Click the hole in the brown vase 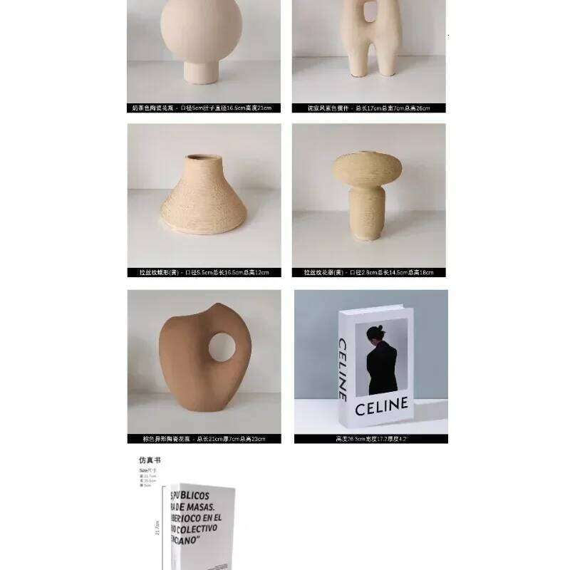222,346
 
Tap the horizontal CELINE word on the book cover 381,408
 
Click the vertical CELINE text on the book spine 343,369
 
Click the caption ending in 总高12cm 204,272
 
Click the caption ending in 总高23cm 204,439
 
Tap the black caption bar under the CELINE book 370,439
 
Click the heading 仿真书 150,460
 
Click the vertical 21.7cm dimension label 157,529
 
